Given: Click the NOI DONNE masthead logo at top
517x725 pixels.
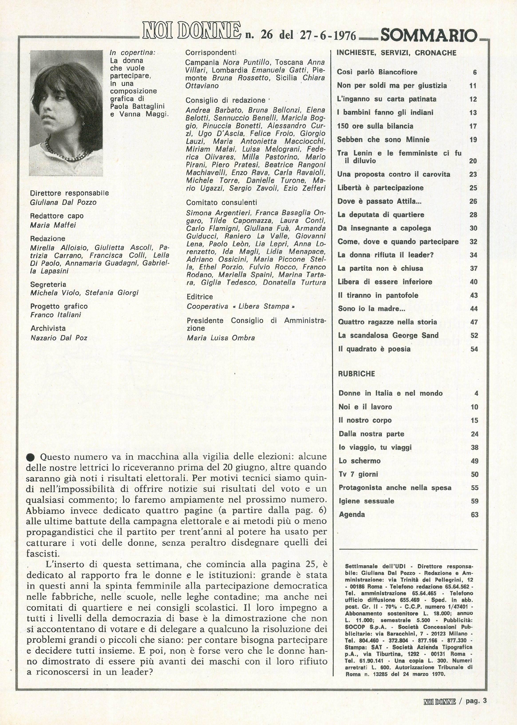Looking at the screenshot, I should click(191, 34).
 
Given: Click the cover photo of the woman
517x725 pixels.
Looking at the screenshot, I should click(66, 113).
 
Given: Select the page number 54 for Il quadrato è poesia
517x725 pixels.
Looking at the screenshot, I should click(474, 349).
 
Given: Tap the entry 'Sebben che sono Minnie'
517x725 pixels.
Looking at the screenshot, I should click(383, 139).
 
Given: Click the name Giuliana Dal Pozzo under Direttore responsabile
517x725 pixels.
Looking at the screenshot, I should click(63, 202).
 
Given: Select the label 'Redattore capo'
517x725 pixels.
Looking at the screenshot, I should click(57, 216).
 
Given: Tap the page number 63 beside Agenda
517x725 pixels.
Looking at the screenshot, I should click(474, 515).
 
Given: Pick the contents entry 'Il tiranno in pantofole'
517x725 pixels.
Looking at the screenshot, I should click(378, 295).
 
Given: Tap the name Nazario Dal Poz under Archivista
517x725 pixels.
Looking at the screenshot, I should click(59, 338).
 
